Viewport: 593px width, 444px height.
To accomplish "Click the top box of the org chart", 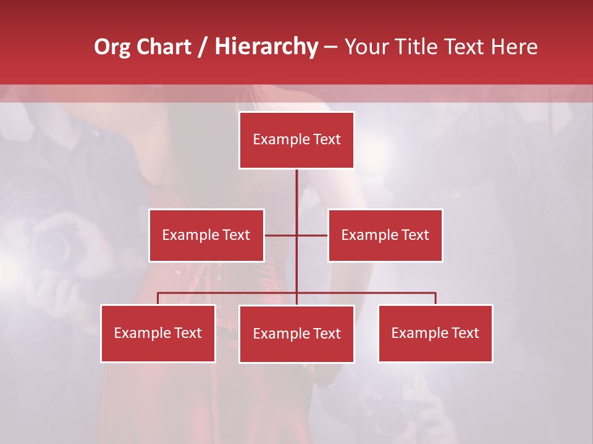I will [296, 140].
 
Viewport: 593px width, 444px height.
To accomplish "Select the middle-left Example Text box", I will [206, 235].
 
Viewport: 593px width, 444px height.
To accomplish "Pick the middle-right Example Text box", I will [385, 235].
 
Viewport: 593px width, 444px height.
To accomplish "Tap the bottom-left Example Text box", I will [158, 333].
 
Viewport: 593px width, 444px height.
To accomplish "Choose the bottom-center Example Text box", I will [296, 334].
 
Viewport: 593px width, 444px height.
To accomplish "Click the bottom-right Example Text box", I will [435, 333].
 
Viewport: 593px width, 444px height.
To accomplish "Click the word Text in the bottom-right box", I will [465, 333].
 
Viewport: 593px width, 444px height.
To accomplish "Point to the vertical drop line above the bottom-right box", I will [435, 298].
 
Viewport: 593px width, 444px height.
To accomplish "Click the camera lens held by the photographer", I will [54, 245].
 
